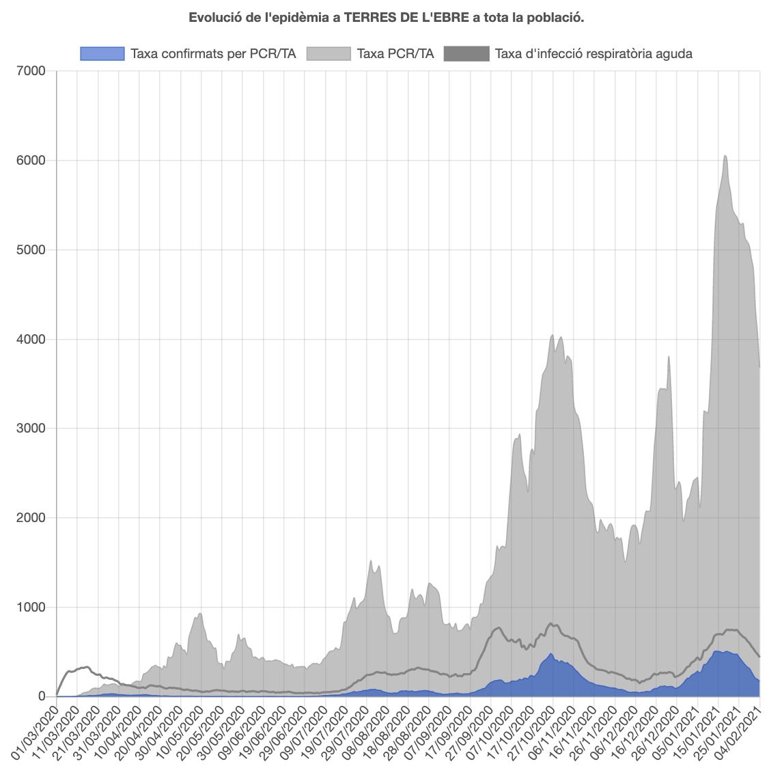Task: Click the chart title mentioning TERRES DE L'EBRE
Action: [x=386, y=17]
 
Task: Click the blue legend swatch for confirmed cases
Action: [x=102, y=53]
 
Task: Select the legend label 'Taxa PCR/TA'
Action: [x=395, y=53]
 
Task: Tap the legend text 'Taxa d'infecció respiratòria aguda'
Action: [x=593, y=53]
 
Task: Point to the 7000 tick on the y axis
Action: [x=31, y=71]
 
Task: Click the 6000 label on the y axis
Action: [x=31, y=161]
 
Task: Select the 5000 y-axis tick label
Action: [x=31, y=250]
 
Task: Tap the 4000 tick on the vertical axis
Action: [x=31, y=339]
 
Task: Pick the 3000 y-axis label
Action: [x=31, y=428]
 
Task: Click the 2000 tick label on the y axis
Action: [x=31, y=518]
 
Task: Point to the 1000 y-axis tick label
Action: [x=31, y=607]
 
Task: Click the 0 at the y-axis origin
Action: [x=41, y=696]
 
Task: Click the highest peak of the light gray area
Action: [x=725, y=156]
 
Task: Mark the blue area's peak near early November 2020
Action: [x=550, y=655]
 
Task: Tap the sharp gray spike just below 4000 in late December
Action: [x=669, y=357]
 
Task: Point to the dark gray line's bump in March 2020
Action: [x=85, y=667]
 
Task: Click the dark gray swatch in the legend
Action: [x=466, y=53]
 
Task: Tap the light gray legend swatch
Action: [x=328, y=53]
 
